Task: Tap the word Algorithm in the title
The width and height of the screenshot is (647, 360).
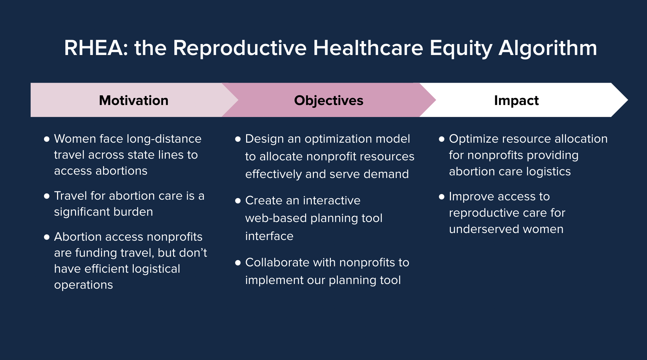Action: [548, 48]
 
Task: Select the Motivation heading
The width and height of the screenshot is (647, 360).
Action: [134, 100]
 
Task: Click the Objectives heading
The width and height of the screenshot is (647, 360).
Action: [329, 100]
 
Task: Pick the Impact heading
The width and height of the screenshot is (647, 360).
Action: [516, 100]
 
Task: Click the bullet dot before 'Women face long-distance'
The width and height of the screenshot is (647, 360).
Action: [47, 139]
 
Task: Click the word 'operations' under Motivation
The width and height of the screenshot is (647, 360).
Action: [83, 285]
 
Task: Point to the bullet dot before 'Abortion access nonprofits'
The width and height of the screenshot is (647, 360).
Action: [47, 237]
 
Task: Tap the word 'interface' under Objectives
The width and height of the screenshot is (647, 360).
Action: [269, 236]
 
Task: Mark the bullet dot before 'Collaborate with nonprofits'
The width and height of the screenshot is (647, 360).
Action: [238, 263]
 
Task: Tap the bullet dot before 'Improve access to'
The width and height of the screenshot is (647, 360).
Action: [442, 197]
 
